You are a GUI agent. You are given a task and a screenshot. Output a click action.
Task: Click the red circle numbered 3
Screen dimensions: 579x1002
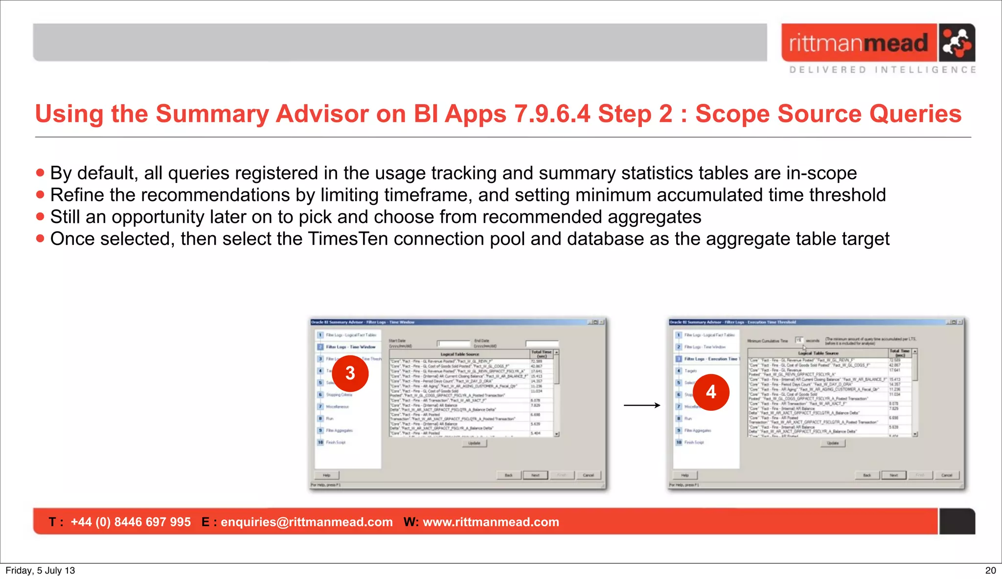click(350, 374)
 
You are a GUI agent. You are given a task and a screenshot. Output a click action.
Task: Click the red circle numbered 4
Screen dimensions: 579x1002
click(710, 392)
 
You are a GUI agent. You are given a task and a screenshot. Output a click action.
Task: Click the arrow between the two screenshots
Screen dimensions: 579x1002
click(641, 405)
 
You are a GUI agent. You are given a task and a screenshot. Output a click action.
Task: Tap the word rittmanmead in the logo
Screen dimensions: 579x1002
click(858, 43)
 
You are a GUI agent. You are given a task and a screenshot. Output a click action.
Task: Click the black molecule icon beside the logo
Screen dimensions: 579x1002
click(956, 43)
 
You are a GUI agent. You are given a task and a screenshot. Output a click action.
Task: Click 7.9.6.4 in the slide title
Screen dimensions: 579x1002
click(552, 114)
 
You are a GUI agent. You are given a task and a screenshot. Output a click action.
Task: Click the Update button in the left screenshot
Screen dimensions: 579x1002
click(474, 443)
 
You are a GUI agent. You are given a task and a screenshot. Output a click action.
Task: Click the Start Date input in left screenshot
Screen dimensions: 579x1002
click(453, 343)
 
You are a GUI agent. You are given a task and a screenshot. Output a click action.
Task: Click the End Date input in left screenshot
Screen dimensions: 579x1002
click(542, 343)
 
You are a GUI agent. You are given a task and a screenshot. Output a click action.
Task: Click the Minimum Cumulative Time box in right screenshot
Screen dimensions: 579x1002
click(798, 340)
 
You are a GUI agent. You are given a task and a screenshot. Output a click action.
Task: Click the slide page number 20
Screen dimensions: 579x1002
click(990, 570)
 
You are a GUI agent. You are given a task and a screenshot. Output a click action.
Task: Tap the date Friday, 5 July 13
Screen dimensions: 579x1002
click(40, 570)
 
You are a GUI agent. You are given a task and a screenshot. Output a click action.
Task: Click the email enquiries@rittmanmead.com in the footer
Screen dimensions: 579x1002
click(306, 522)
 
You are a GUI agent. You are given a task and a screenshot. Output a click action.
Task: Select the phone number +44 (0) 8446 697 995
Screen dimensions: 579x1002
click(131, 522)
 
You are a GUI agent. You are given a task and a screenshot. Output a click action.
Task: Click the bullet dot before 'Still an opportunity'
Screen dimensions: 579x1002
click(40, 217)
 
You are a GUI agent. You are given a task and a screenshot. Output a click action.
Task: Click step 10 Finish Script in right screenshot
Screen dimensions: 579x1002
click(693, 442)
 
